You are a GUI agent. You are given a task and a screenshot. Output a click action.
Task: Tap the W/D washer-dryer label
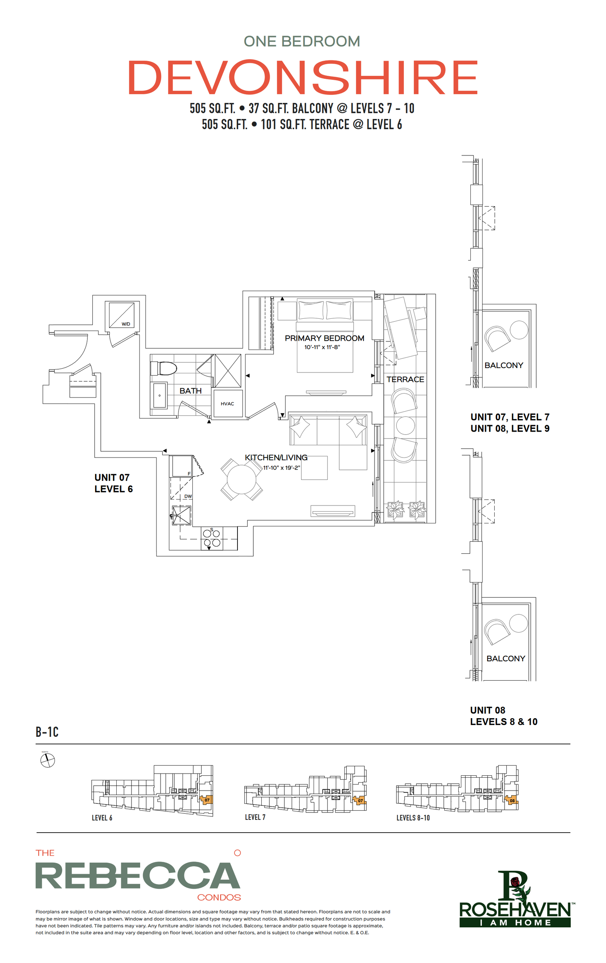[x=125, y=324]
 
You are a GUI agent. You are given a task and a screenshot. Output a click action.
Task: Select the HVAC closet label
[x=227, y=404]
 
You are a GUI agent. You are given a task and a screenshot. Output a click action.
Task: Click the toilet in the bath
[x=164, y=368]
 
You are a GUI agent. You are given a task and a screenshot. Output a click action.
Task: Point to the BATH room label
[x=190, y=391]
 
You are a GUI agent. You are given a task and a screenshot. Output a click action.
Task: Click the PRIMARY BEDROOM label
[x=324, y=338]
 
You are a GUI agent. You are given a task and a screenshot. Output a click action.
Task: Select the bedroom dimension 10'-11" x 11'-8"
[x=322, y=347]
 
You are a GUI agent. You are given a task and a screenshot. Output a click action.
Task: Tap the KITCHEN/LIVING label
[x=276, y=457]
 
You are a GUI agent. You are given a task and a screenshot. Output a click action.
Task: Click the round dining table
[x=241, y=479]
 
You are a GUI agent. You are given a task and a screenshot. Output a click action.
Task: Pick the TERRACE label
[x=405, y=379]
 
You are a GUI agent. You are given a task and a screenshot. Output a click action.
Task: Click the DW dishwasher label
[x=188, y=496]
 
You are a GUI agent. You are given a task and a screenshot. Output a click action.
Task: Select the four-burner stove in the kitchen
[x=211, y=538]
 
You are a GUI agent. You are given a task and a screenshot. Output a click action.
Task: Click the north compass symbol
[x=48, y=760]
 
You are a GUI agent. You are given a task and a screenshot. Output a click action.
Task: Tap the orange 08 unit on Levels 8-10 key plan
[x=512, y=800]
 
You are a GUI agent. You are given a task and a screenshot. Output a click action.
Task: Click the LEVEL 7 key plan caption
[x=255, y=817]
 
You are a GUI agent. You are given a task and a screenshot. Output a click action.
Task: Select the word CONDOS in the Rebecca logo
[x=219, y=897]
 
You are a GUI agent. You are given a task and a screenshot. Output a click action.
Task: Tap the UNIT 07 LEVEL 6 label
[x=114, y=483]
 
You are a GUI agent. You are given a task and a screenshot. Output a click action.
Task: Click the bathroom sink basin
[x=159, y=396]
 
